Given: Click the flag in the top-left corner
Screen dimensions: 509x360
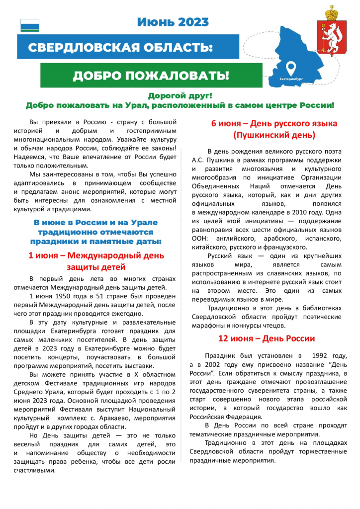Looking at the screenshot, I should pos(29,25).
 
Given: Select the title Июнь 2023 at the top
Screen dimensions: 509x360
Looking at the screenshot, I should pos(173,22).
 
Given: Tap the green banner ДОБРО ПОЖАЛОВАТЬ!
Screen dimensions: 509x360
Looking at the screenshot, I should pos(151,76).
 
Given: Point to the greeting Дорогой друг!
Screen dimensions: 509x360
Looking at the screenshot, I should pos(180,95).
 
